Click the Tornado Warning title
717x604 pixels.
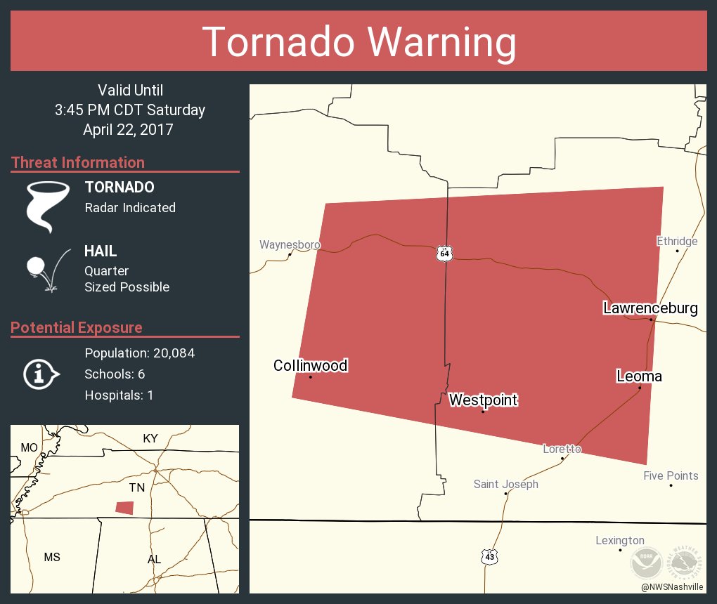click(x=358, y=42)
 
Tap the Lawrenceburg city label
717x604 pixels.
click(x=650, y=308)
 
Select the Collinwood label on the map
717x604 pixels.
click(x=311, y=365)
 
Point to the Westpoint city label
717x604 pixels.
click(x=483, y=400)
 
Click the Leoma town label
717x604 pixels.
click(x=639, y=376)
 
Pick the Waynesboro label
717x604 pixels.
click(x=290, y=245)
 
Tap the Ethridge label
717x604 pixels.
click(x=677, y=242)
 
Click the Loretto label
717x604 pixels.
click(x=562, y=449)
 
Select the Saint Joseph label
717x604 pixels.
click(x=505, y=484)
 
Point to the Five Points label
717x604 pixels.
click(x=671, y=475)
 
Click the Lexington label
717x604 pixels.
click(x=619, y=540)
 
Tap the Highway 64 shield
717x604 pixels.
click(x=444, y=254)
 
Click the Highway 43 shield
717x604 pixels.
click(x=490, y=556)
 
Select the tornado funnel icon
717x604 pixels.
click(x=48, y=206)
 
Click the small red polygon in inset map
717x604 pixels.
click(x=124, y=507)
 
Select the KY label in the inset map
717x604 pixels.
click(x=150, y=438)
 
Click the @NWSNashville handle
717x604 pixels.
click(x=672, y=586)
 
